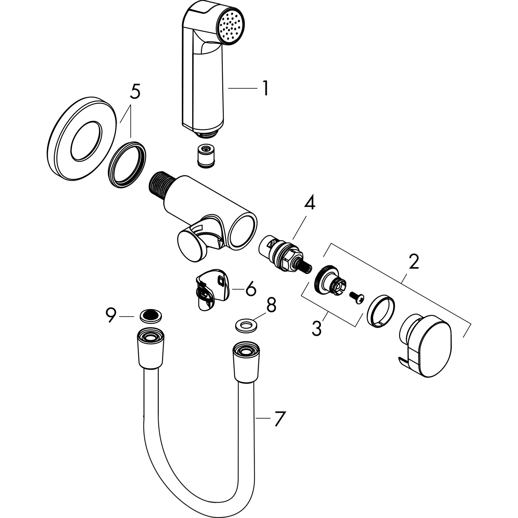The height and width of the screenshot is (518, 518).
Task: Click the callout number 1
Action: (x=265, y=89)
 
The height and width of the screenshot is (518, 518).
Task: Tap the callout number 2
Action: (x=414, y=262)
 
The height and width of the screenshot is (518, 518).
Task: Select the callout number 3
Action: (x=317, y=329)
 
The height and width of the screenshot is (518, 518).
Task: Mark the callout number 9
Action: (x=111, y=316)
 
